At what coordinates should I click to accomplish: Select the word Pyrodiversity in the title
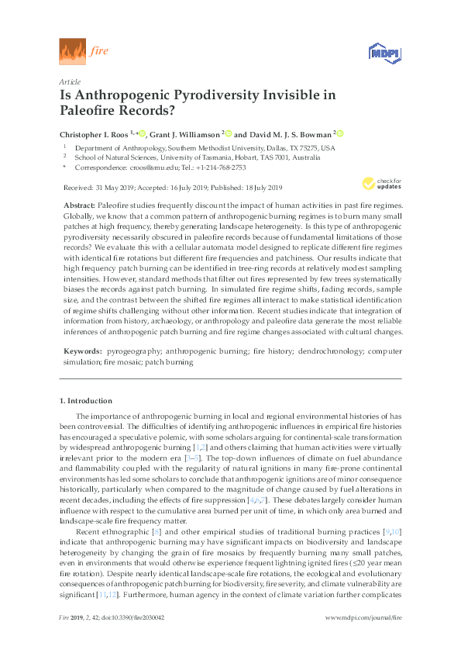click(220, 95)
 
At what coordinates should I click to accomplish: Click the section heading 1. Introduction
click(86, 401)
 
